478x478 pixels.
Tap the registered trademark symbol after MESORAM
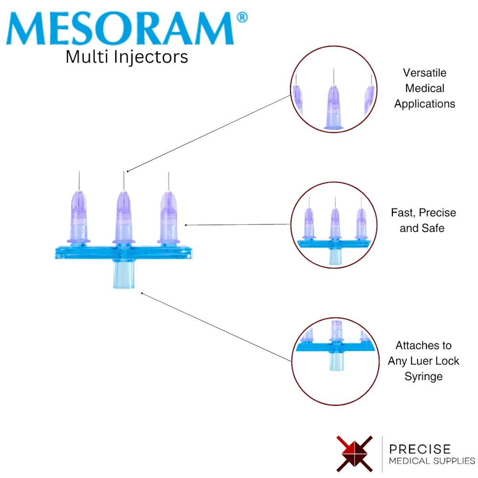click(x=242, y=17)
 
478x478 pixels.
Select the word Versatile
click(x=424, y=73)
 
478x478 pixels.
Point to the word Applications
click(x=424, y=104)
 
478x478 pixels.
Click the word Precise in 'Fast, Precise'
click(x=437, y=213)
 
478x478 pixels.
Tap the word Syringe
click(x=424, y=377)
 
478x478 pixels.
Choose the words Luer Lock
click(x=435, y=361)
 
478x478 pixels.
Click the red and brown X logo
click(x=355, y=454)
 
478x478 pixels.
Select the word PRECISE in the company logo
click(x=420, y=449)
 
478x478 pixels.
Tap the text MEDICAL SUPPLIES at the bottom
click(x=432, y=461)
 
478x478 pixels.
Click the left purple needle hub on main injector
click(x=79, y=217)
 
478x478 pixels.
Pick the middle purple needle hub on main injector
click(x=124, y=217)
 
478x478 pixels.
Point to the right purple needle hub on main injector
click(x=169, y=217)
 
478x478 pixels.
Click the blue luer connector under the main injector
click(x=124, y=274)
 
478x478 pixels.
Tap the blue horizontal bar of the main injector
click(x=124, y=253)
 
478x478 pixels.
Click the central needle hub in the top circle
click(x=334, y=107)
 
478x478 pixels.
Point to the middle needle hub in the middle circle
click(x=335, y=223)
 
